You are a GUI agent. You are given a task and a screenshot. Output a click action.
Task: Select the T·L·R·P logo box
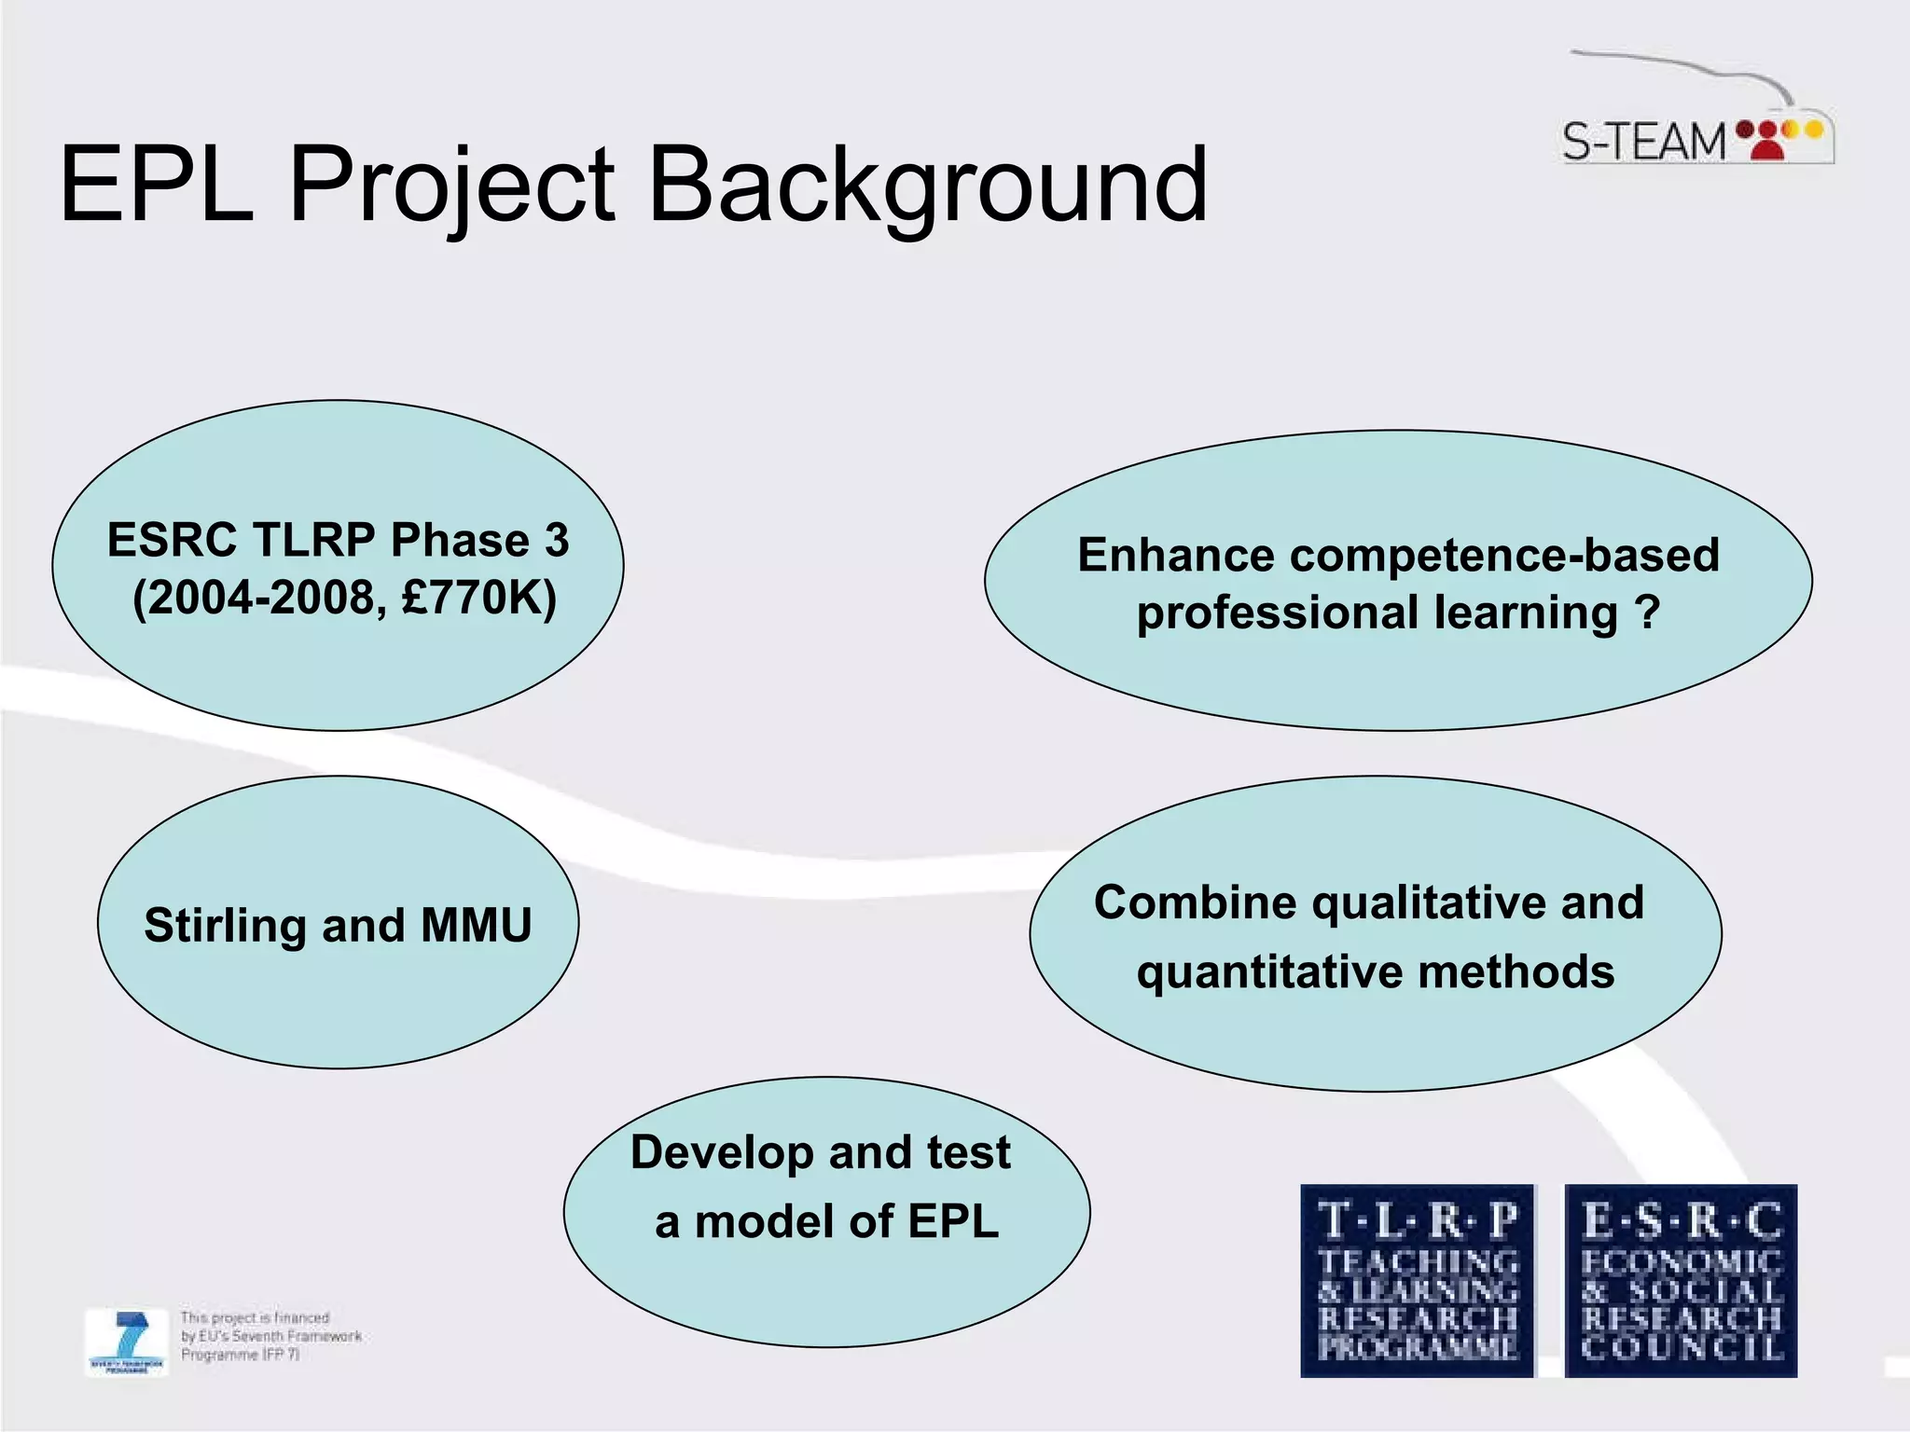tap(1417, 1280)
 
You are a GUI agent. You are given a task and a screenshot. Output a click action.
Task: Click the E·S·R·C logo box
tap(1681, 1280)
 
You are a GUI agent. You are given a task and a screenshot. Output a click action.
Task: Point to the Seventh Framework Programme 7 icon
tap(127, 1341)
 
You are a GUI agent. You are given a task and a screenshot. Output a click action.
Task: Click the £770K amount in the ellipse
tap(478, 598)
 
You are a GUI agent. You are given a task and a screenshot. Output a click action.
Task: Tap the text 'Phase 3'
tap(479, 540)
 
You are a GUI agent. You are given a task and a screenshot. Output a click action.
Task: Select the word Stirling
tap(225, 926)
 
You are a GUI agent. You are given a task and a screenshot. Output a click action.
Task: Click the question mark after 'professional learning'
tap(1648, 613)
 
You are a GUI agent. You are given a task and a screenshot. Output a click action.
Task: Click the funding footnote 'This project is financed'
tap(255, 1317)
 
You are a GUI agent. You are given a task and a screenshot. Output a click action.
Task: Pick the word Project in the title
tap(451, 186)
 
